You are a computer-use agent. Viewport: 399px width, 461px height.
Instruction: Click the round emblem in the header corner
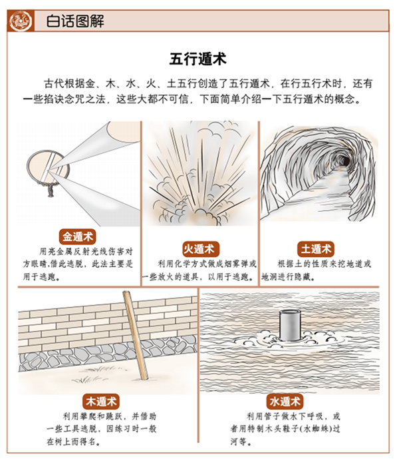pyautogui.click(x=20, y=21)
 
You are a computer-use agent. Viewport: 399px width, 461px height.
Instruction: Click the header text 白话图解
pyautogui.click(x=75, y=21)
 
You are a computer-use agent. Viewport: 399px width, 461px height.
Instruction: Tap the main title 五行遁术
pyautogui.click(x=198, y=59)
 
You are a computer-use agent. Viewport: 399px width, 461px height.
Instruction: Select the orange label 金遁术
pyautogui.click(x=78, y=236)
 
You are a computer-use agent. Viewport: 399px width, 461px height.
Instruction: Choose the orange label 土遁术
pyautogui.click(x=316, y=249)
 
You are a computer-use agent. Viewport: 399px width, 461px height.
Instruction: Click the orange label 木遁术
pyautogui.click(x=101, y=401)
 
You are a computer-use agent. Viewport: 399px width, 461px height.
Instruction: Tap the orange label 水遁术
pyautogui.click(x=285, y=401)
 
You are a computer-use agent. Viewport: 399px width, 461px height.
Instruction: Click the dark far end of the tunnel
pyautogui.click(x=344, y=161)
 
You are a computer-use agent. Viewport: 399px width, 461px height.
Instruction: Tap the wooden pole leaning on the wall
pyautogui.click(x=136, y=335)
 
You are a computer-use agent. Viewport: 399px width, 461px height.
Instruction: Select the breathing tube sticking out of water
pyautogui.click(x=290, y=325)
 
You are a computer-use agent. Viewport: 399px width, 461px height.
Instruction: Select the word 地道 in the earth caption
pyautogui.click(x=354, y=264)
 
